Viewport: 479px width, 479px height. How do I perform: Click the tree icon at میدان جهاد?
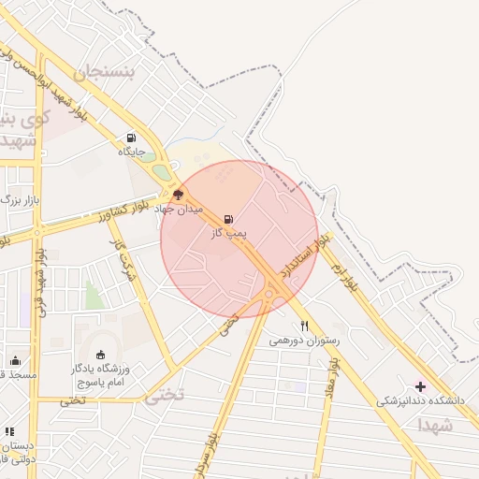click(x=179, y=196)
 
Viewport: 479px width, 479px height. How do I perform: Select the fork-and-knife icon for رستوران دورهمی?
click(x=305, y=327)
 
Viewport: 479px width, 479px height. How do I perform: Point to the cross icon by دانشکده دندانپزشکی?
click(x=420, y=385)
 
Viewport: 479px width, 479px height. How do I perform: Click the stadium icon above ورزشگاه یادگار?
click(x=101, y=355)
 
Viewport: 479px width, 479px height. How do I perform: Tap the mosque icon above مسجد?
click(x=15, y=360)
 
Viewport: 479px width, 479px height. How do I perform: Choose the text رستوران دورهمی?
click(x=305, y=341)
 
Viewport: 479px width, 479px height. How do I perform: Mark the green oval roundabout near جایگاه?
click(x=163, y=172)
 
